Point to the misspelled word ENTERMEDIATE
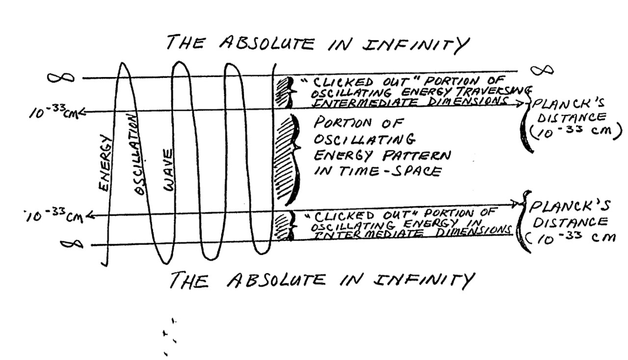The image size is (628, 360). click(354, 103)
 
